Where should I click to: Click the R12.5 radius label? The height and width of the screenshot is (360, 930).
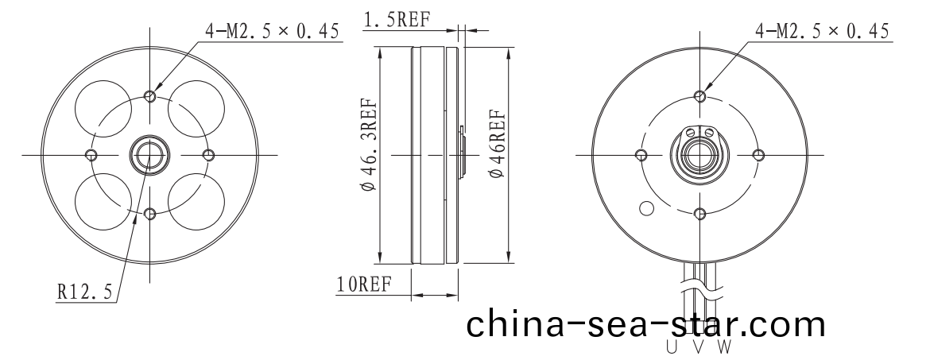83,292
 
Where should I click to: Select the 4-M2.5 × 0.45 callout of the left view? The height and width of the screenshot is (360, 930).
273,31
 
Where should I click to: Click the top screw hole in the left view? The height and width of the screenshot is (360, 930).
150,95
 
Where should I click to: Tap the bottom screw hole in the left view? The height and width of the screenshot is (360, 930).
150,212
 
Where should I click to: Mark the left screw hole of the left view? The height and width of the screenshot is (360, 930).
91,153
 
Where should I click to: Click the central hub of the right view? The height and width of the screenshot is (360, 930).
699,154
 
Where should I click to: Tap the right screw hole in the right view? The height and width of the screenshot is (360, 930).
758,154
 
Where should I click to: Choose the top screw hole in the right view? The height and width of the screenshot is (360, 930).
699,96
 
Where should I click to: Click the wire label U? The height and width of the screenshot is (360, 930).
672,348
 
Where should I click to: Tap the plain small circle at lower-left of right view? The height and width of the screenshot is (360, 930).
646,209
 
